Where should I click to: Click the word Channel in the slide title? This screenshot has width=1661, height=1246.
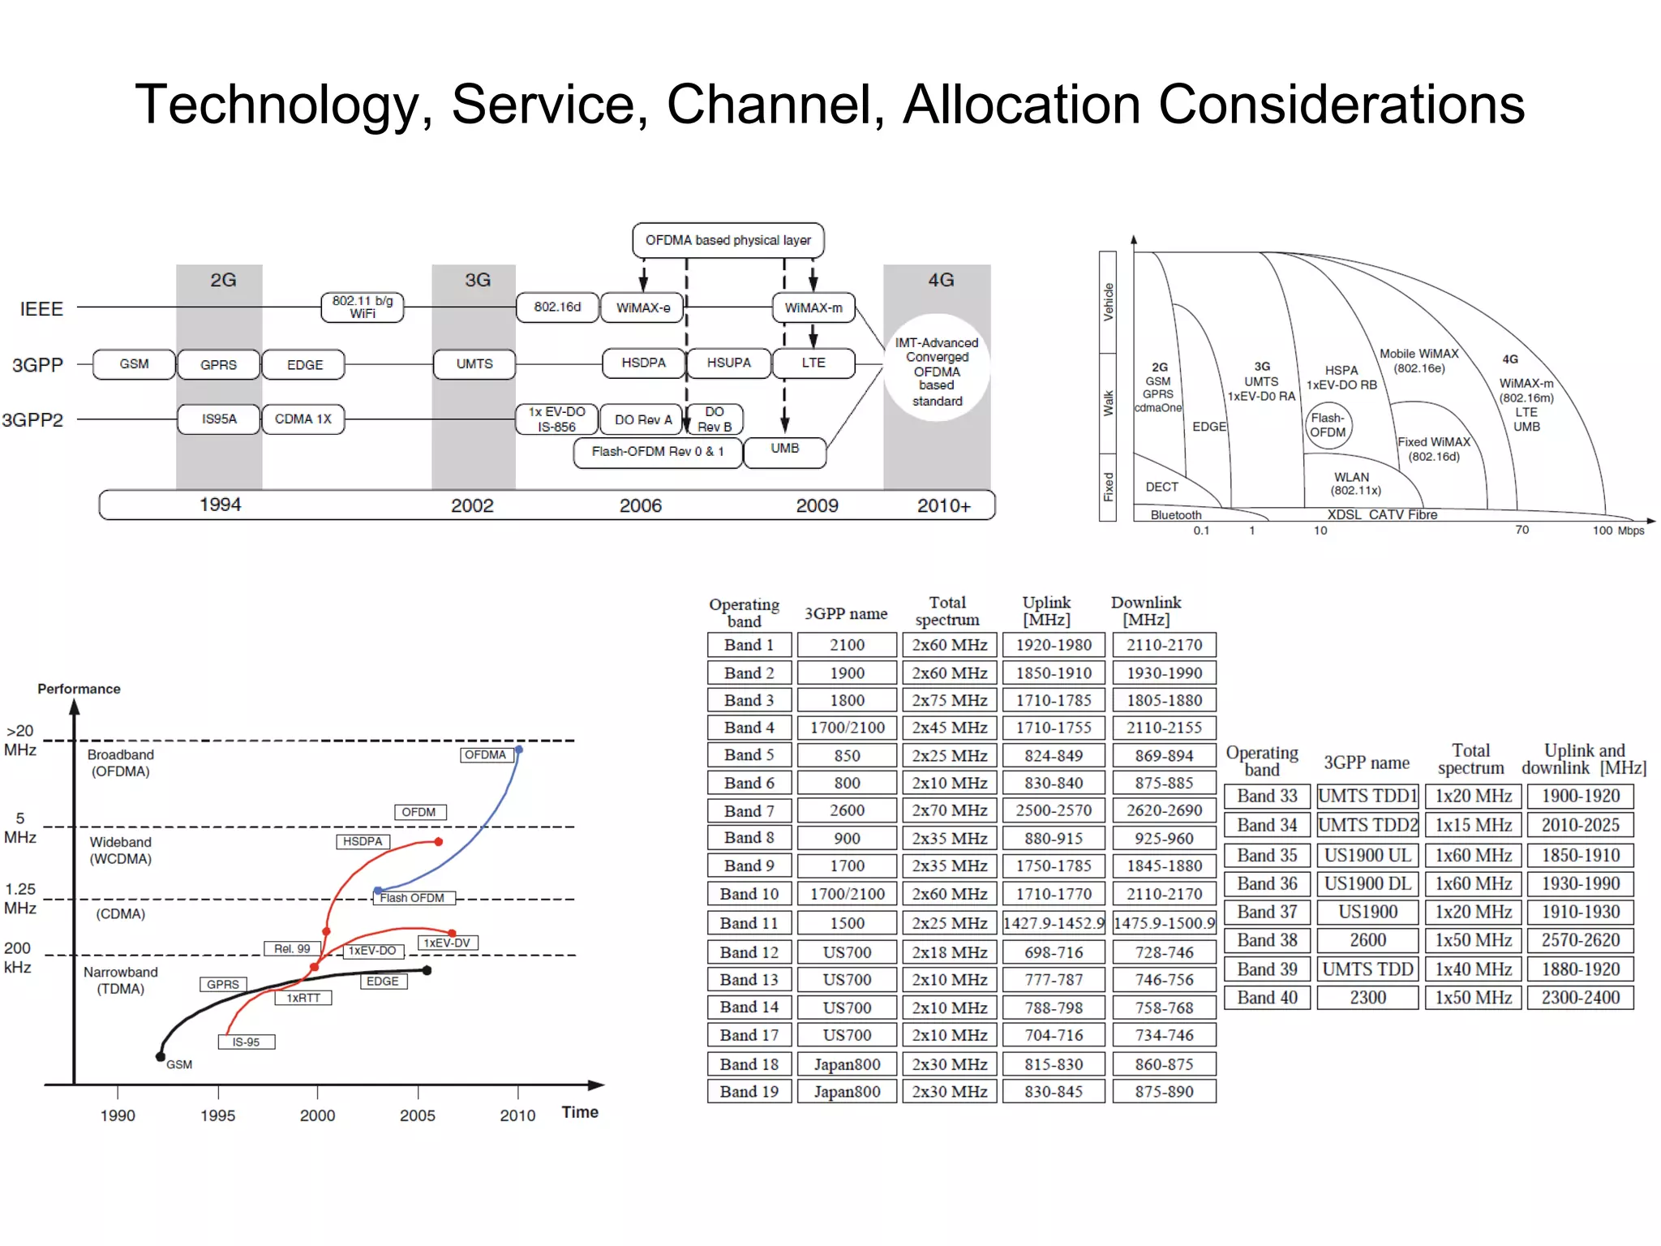(774, 105)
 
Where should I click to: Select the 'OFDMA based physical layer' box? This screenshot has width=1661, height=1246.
(727, 240)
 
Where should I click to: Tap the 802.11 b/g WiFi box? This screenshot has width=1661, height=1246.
(363, 307)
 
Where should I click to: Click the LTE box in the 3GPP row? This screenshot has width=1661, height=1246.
(813, 363)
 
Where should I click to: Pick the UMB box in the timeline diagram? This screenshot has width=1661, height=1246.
(784, 449)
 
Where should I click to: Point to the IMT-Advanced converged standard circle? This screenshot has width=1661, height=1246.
(937, 370)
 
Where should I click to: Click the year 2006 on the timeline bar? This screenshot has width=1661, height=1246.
(640, 505)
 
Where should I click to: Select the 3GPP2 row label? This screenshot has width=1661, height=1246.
(32, 420)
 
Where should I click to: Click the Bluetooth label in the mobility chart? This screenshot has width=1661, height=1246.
(1175, 515)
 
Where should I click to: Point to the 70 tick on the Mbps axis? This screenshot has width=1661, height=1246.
(1522, 530)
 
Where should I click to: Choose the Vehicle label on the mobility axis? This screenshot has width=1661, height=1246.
(1108, 302)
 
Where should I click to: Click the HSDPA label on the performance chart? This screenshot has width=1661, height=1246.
(362, 841)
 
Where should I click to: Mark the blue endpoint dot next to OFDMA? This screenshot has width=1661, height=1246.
(519, 750)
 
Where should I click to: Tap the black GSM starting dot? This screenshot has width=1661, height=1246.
(161, 1056)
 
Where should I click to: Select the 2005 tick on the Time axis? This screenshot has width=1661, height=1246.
(418, 1115)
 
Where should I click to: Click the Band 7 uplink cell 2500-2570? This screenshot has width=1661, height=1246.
(1054, 810)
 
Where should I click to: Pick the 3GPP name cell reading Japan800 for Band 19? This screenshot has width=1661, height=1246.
(847, 1092)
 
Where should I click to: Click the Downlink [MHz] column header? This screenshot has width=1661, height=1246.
(1146, 611)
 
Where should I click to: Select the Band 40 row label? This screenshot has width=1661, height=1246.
(1267, 998)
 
